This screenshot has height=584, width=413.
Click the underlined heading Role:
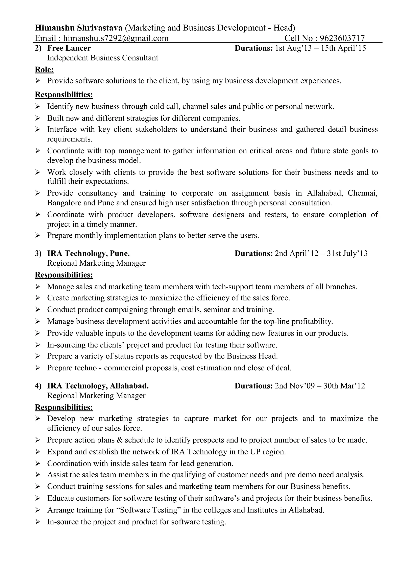(x=44, y=70)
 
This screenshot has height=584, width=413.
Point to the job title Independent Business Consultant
(x=103, y=58)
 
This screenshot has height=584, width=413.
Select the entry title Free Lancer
(x=69, y=48)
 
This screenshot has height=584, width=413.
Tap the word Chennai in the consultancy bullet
(x=362, y=193)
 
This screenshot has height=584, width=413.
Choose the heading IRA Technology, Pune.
(x=88, y=253)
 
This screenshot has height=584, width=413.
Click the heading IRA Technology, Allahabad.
(x=98, y=386)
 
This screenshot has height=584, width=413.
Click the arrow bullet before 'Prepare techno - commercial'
(x=38, y=368)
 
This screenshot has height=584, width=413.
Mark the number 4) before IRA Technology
(x=38, y=386)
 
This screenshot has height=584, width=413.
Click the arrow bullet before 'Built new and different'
(x=38, y=118)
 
